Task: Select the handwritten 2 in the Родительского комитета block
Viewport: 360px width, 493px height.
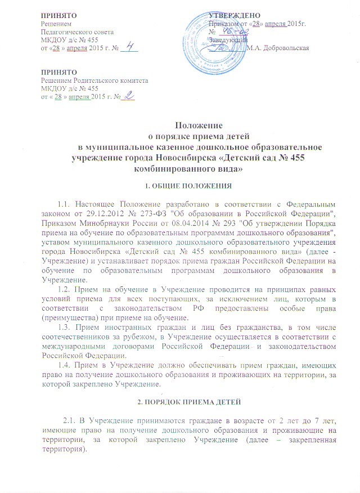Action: (130, 97)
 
